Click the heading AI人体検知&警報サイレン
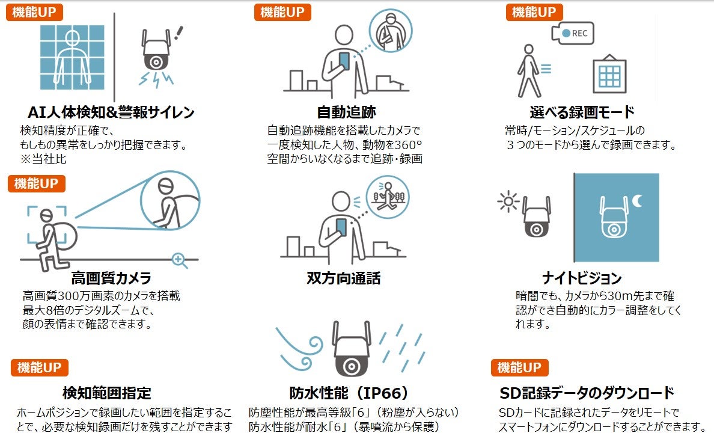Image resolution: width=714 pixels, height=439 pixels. (111, 112)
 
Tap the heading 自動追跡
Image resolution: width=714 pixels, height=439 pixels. (346, 112)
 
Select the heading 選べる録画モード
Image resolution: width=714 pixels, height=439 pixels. (582, 112)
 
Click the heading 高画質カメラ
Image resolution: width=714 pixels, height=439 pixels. (111, 278)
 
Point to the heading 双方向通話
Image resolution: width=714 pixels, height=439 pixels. (343, 278)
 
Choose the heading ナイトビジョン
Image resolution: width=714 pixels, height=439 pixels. (581, 278)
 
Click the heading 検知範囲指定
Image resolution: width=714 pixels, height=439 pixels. (106, 393)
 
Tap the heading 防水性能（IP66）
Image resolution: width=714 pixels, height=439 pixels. (349, 393)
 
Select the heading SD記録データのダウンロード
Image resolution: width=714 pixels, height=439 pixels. (587, 393)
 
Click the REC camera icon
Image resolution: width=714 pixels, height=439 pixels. (573, 34)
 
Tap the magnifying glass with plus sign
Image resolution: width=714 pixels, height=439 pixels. (179, 260)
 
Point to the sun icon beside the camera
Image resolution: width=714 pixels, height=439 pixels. (508, 203)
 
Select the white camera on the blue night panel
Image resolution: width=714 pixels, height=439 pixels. (612, 218)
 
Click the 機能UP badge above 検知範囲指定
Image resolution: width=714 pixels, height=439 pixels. (40, 367)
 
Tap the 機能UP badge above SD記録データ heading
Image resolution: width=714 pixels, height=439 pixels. (520, 367)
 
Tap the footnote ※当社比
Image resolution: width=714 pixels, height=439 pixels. (43, 159)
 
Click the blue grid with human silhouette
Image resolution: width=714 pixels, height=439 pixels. (72, 58)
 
